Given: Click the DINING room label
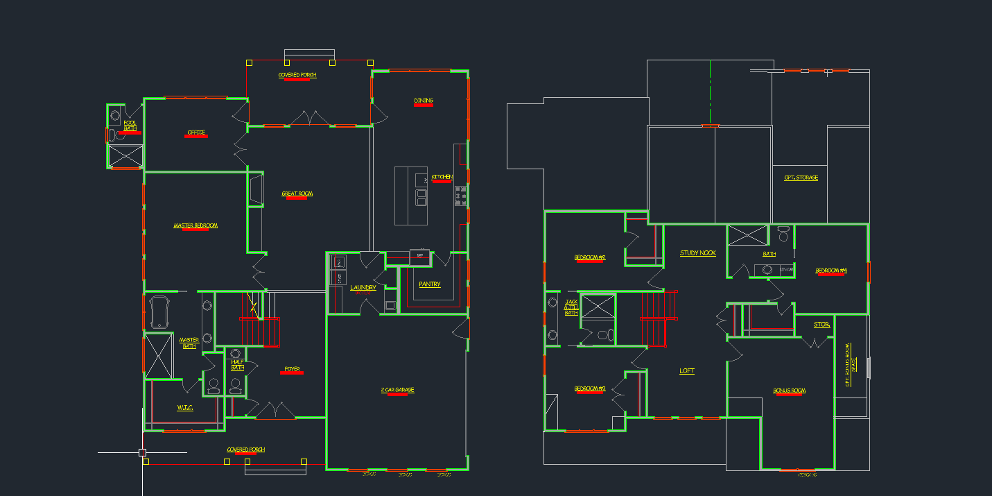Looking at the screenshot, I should (424, 101).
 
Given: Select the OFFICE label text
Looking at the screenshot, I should (196, 132).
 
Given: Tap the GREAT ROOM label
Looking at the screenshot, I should (297, 194).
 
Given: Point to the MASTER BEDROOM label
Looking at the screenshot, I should (195, 225).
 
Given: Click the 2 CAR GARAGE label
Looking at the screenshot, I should (397, 390).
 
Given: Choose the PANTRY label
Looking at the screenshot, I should (430, 284).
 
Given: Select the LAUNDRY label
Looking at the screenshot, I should (363, 287).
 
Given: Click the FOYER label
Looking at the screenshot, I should (292, 369).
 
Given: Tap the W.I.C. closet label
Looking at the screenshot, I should (185, 407).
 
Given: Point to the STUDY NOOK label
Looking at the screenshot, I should (697, 253).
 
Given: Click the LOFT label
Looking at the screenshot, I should (687, 370).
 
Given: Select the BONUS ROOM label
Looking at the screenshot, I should (789, 391).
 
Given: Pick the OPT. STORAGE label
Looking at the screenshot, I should (801, 178).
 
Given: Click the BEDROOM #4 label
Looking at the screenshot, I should (831, 270).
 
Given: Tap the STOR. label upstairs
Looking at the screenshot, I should (821, 325).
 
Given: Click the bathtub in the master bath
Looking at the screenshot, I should (159, 312).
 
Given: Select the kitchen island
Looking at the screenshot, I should (411, 196).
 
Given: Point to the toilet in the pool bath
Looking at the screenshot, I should (115, 135).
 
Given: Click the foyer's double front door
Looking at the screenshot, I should (275, 411).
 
